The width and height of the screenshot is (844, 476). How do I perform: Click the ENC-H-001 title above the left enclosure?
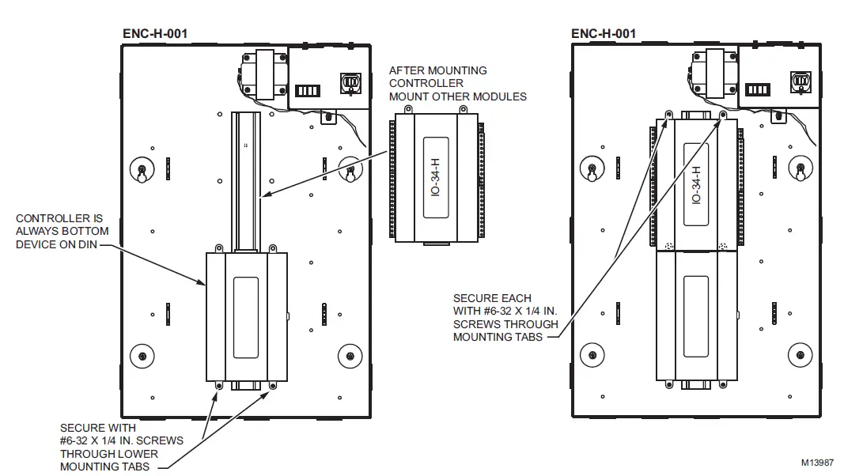tap(155, 33)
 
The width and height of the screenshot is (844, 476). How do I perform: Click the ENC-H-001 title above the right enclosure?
tap(603, 33)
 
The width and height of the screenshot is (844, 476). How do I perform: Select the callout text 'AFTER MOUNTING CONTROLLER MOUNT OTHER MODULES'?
tap(457, 84)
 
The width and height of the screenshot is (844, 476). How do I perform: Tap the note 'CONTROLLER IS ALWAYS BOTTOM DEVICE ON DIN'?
tap(62, 231)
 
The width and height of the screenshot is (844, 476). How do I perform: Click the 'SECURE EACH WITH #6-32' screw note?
tap(505, 318)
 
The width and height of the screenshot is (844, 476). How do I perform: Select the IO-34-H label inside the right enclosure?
tap(696, 185)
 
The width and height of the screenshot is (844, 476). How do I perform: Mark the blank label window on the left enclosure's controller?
tap(247, 316)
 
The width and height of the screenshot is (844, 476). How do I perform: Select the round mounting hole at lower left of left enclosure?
tap(142, 354)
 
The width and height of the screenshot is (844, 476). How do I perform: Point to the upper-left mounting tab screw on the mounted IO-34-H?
tap(669, 114)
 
